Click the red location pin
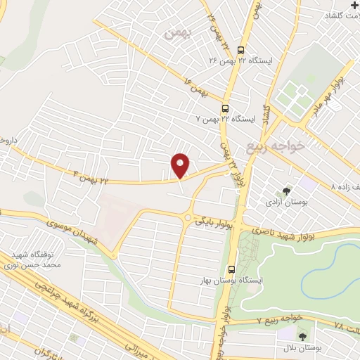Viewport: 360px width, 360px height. (181, 165)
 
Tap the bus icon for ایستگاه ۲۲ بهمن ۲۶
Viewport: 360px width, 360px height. (241, 50)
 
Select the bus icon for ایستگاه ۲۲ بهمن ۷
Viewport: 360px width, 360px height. (225, 108)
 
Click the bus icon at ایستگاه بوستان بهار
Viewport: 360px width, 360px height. (232, 269)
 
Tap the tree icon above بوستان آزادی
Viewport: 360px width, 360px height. (286, 190)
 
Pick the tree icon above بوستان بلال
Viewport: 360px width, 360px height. (303, 337)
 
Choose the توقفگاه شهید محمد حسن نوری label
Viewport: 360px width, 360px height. (38, 259)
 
